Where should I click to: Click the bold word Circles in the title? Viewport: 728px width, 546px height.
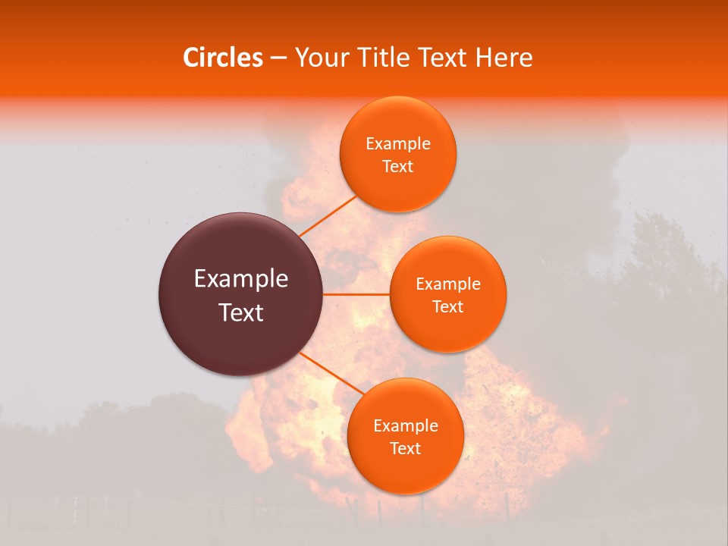pyautogui.click(x=223, y=58)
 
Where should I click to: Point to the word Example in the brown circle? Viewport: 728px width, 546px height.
pyautogui.click(x=241, y=279)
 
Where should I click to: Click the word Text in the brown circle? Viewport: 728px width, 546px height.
pyautogui.click(x=241, y=312)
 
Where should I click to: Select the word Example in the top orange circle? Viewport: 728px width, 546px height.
pyautogui.click(x=398, y=144)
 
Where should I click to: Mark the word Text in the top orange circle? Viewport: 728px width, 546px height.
pyautogui.click(x=398, y=166)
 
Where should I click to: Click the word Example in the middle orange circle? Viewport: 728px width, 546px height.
pyautogui.click(x=448, y=284)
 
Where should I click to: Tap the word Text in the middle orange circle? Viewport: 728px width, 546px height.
pyautogui.click(x=448, y=306)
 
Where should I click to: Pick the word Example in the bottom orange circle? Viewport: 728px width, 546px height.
pyautogui.click(x=406, y=426)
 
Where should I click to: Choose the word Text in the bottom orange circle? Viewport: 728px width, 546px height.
pyautogui.click(x=406, y=448)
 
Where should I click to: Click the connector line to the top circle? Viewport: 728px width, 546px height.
pyautogui.click(x=328, y=216)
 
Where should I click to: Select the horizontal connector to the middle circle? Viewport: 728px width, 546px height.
pyautogui.click(x=356, y=294)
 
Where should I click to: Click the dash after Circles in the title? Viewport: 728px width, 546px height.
pyautogui.click(x=278, y=58)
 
